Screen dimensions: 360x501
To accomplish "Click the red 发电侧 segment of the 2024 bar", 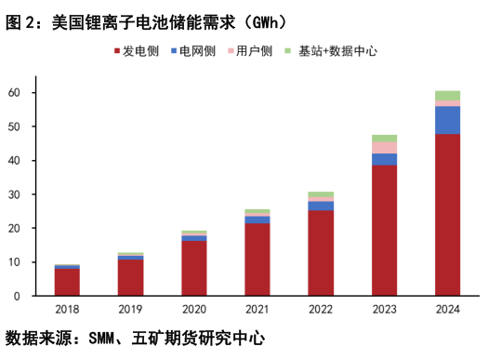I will click(x=447, y=214).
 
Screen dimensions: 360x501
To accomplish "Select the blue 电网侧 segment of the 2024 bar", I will click(x=447, y=120).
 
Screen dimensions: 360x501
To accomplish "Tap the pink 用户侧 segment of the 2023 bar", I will click(x=384, y=147).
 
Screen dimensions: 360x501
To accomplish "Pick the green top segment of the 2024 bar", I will click(x=447, y=95).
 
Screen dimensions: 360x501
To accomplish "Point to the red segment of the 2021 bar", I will click(x=257, y=259).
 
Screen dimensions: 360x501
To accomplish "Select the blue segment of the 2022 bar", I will click(x=321, y=206).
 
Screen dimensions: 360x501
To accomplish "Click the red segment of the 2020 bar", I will click(x=194, y=268).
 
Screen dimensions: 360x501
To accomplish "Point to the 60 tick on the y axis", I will click(x=16, y=92).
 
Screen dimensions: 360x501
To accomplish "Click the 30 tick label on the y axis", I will click(x=16, y=194).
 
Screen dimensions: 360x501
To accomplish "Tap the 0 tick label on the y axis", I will click(x=19, y=296).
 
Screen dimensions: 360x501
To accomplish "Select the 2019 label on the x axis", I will click(x=130, y=309).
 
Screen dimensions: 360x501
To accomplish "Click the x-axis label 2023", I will click(x=384, y=309).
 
